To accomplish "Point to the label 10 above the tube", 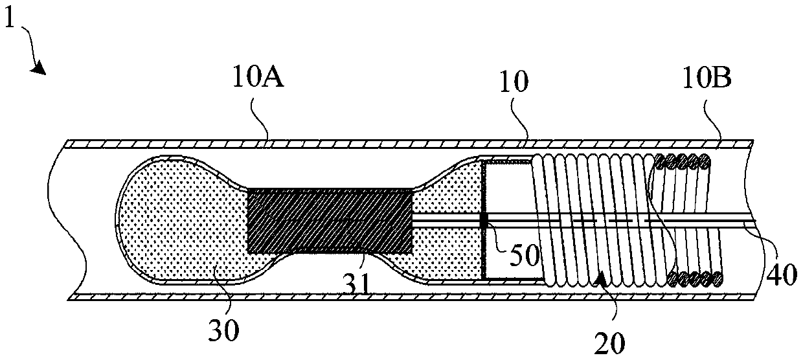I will pyautogui.click(x=514, y=83).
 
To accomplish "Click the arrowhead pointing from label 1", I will pyautogui.click(x=40, y=69).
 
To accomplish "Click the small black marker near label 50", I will pyautogui.click(x=483, y=221).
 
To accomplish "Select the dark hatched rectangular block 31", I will pyautogui.click(x=330, y=220).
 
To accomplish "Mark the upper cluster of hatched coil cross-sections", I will pyautogui.click(x=684, y=161).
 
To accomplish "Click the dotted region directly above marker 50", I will pyautogui.click(x=453, y=188).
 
